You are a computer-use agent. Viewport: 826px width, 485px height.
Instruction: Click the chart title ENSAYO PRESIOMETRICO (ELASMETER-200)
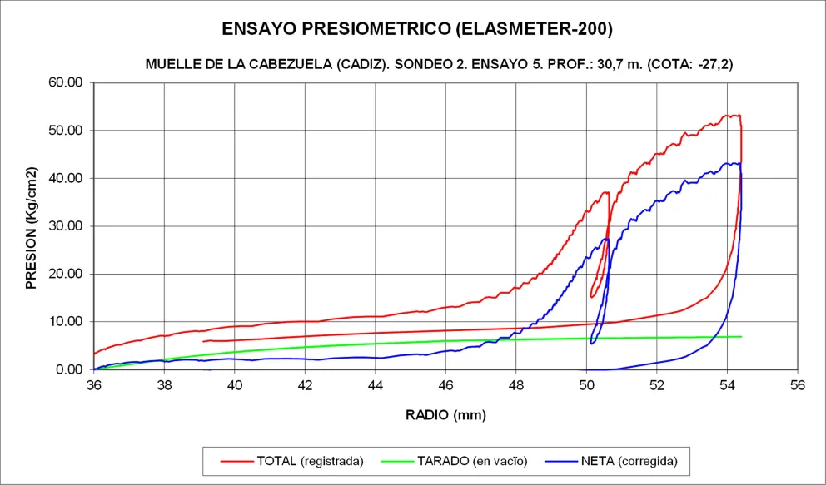tap(417, 29)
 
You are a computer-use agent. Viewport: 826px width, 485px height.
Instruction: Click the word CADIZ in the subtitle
tap(364, 64)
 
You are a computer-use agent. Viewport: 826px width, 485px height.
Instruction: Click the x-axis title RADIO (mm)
tap(445, 414)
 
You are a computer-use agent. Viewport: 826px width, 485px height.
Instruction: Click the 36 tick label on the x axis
tap(94, 385)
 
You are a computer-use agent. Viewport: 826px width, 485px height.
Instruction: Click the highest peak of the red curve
tap(727, 116)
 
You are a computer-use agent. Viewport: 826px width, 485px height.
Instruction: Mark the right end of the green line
tap(741, 336)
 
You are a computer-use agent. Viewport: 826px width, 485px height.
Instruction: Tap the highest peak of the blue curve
tap(727, 163)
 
